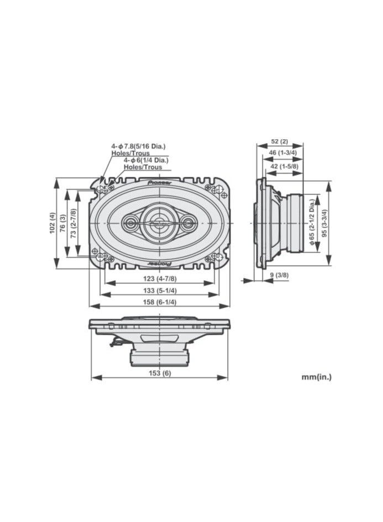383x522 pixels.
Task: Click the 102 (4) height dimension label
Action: [52, 223]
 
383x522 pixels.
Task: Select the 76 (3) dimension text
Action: [63, 223]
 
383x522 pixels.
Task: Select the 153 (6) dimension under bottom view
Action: [159, 373]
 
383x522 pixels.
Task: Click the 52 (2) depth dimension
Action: [280, 142]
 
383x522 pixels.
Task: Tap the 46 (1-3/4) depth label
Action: [282, 154]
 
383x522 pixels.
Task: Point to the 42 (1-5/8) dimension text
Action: [285, 166]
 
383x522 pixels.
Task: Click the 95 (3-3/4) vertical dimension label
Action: [325, 223]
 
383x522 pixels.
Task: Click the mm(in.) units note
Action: [317, 378]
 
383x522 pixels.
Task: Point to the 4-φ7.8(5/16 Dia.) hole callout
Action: [138, 146]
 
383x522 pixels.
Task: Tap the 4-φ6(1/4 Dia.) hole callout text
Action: [145, 160]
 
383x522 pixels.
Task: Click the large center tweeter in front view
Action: [159, 223]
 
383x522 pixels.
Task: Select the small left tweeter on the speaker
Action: [132, 223]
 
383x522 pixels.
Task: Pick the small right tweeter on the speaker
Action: [188, 223]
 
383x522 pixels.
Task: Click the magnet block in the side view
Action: [294, 223]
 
